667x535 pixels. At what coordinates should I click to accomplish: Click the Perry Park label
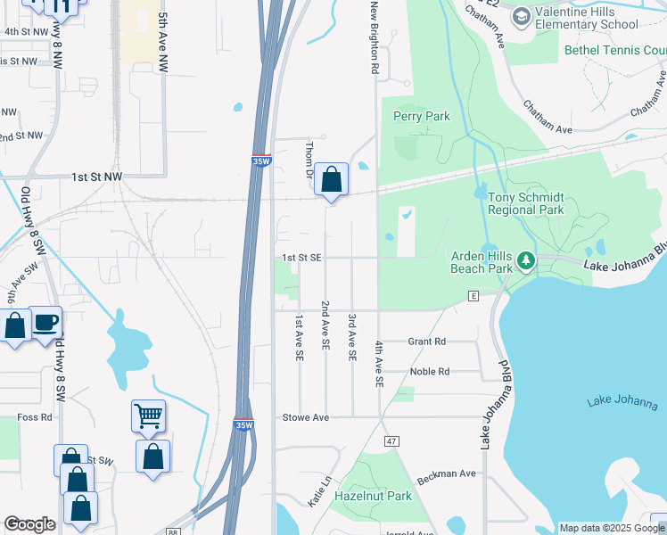click(x=421, y=116)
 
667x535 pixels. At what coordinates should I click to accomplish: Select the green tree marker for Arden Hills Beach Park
click(x=526, y=260)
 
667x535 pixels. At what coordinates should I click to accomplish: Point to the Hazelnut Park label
click(x=373, y=496)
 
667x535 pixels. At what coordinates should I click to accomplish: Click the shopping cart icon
click(x=148, y=415)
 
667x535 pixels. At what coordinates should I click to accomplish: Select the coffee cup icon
click(x=45, y=322)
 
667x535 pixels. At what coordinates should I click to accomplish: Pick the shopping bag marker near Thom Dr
click(x=332, y=179)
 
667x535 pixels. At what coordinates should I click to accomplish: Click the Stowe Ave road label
click(x=306, y=417)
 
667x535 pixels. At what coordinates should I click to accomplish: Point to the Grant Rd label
click(x=426, y=342)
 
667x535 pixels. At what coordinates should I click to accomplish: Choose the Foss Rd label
click(x=35, y=417)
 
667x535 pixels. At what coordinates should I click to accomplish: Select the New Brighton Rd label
click(x=375, y=37)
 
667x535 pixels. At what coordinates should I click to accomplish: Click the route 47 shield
click(x=391, y=441)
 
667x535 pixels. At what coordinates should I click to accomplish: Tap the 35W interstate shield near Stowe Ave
click(x=243, y=423)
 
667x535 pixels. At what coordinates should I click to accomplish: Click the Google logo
click(x=29, y=524)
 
